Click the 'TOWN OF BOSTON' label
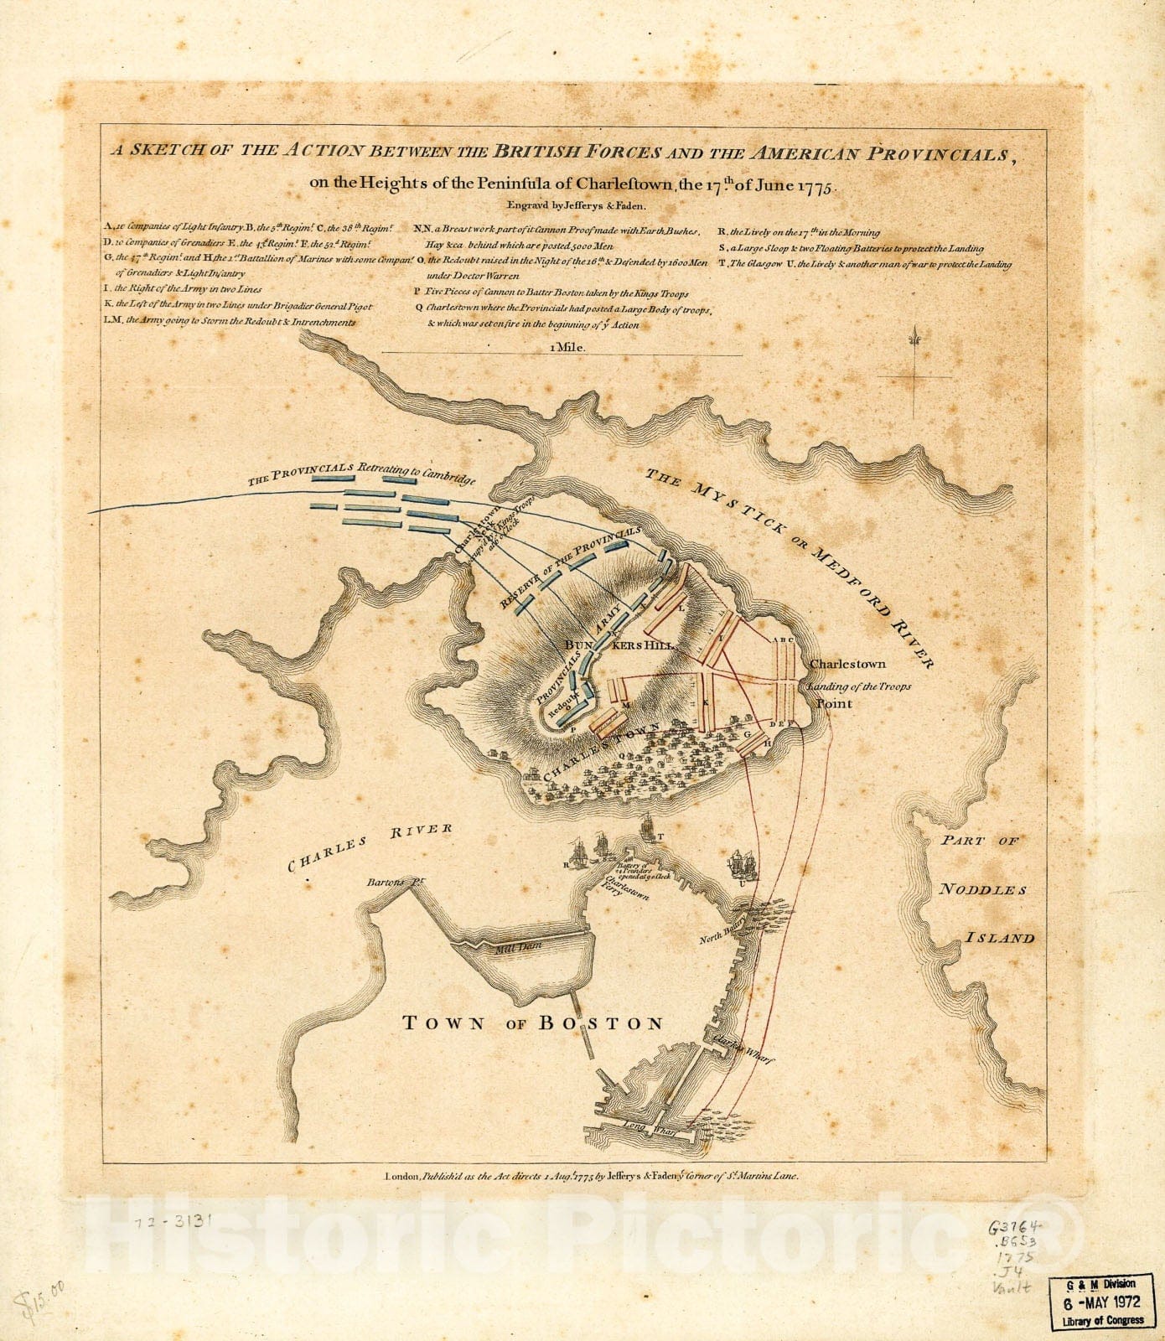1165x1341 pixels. pyautogui.click(x=533, y=1023)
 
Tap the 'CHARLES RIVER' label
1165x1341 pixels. pyautogui.click(x=370, y=847)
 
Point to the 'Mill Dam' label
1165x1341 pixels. pyautogui.click(x=519, y=945)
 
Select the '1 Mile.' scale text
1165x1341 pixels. pyautogui.click(x=567, y=346)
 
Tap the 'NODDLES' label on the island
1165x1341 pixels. pyautogui.click(x=981, y=889)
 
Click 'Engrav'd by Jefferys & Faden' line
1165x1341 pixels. pyautogui.click(x=575, y=205)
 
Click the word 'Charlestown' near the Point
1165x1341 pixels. pyautogui.click(x=847, y=664)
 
